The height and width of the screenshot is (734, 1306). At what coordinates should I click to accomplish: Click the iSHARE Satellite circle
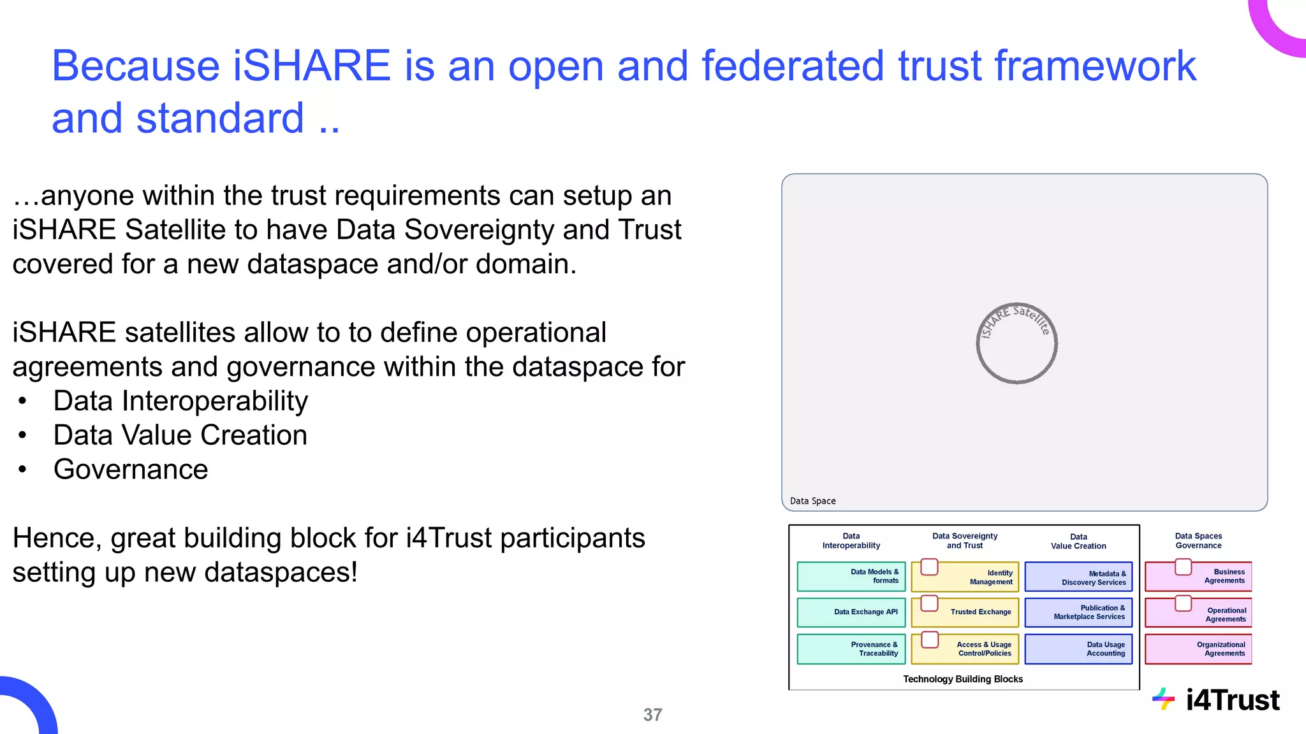[1016, 343]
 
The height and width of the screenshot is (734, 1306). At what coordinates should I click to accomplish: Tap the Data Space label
[812, 501]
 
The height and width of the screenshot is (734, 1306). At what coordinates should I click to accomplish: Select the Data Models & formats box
[851, 576]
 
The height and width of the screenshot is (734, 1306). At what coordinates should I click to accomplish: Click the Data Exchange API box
[851, 612]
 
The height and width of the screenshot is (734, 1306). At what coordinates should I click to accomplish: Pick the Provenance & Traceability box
[851, 649]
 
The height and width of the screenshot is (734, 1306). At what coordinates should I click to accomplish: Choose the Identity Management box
[965, 577]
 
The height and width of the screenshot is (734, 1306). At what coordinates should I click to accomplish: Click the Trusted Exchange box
[965, 612]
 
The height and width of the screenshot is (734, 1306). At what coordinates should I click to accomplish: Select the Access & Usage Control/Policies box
[965, 649]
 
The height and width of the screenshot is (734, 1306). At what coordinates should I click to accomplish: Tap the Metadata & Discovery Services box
[1078, 577]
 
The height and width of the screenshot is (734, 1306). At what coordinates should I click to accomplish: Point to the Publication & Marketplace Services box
[1078, 612]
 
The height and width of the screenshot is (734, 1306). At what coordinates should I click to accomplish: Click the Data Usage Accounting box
[1078, 649]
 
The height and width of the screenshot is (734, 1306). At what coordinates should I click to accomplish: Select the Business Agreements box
[1199, 576]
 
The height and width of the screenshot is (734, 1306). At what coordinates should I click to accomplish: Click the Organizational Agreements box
[1199, 649]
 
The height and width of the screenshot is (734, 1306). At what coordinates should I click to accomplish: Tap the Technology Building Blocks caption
[963, 679]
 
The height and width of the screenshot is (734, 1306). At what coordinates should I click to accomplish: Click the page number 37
[652, 715]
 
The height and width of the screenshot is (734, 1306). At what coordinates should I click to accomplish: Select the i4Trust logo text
[1232, 700]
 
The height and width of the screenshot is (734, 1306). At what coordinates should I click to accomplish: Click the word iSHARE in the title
[312, 66]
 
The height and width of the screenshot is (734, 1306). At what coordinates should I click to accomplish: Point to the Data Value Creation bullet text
[180, 435]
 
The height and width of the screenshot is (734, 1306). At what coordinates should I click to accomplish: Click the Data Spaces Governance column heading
[1198, 541]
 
